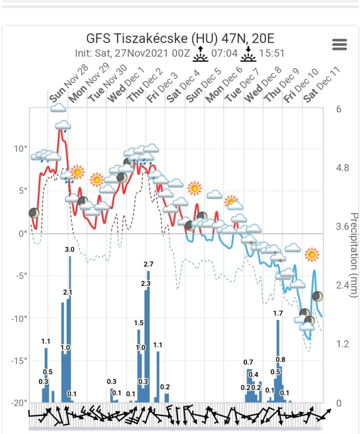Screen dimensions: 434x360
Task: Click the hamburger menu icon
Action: [339, 45]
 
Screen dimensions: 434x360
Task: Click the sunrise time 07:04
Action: [223, 54]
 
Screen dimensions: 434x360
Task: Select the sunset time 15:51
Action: [272, 54]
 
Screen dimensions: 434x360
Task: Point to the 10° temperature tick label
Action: [20, 149]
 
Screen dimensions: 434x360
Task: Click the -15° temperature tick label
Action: [19, 361]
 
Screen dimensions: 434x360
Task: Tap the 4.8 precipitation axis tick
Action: [343, 168]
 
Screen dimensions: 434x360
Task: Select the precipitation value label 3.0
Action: [70, 249]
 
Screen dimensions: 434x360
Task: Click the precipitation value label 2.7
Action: [149, 264]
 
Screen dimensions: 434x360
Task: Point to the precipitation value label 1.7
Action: [278, 313]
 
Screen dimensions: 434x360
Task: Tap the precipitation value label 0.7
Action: [248, 362]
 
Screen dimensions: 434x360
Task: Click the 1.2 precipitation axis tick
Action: [343, 344]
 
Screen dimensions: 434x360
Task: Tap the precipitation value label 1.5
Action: [139, 323]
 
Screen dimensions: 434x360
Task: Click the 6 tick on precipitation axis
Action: [339, 109]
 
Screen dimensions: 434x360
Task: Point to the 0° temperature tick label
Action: [23, 233]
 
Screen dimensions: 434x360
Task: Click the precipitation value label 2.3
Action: [145, 283]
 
